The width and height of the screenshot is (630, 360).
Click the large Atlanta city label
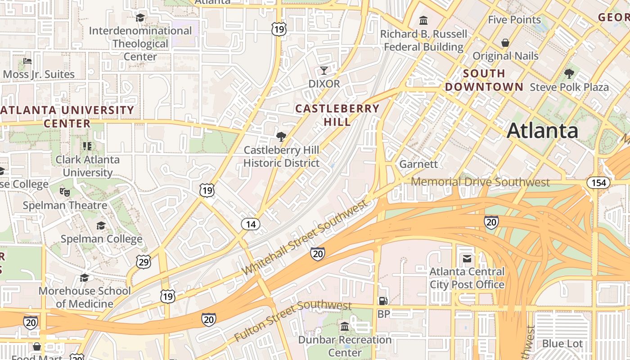coord(542,131)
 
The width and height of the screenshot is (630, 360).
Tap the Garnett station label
coord(418,164)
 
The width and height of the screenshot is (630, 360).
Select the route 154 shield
coord(598,183)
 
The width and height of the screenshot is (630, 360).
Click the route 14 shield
coord(251,224)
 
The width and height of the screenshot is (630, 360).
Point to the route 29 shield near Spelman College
coord(144,262)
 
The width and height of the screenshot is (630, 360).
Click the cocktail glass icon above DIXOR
coord(324,71)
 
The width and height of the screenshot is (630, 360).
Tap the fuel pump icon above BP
coord(383,301)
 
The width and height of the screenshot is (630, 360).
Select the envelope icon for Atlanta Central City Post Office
coord(467,259)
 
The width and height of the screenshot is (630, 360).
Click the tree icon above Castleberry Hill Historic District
coord(281,136)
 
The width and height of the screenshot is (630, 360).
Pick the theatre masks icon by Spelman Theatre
coord(65,192)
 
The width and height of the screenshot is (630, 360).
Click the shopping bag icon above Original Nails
coord(505,43)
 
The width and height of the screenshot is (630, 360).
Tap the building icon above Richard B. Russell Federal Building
coord(423,21)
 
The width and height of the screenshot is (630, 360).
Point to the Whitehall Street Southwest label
coord(305,237)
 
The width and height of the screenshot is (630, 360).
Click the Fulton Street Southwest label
coord(292,321)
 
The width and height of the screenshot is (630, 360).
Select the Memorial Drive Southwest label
coord(480,182)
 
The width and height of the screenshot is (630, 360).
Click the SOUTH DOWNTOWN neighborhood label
coord(484,80)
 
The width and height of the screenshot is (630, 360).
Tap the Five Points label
coord(514,20)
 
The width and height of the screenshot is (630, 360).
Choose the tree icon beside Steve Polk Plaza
coord(569,73)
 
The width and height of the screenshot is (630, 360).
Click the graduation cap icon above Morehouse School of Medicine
coord(84,278)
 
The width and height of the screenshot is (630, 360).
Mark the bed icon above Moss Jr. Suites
coord(27,61)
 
